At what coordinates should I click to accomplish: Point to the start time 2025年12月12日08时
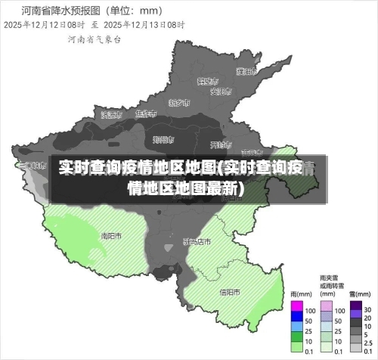point(44,24)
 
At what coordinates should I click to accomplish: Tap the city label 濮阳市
point(245,72)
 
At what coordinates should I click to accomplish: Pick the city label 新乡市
point(179,102)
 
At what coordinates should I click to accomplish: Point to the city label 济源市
point(111,114)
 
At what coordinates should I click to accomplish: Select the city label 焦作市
point(145,114)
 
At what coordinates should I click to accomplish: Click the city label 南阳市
point(111,235)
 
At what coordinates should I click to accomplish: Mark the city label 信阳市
point(229,291)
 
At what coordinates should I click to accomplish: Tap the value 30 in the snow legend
point(367,310)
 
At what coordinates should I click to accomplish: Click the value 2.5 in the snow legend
point(368,342)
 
